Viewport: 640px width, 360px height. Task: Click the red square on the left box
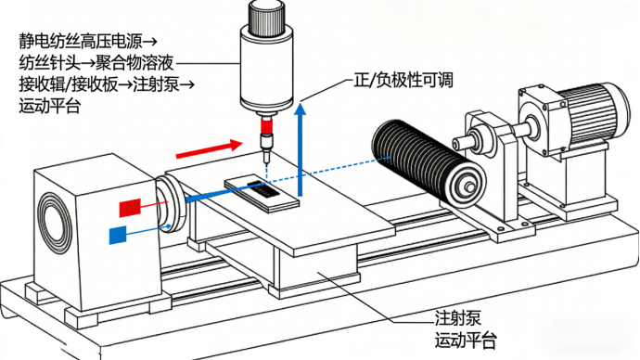[x=130, y=208]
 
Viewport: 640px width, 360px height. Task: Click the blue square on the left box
[x=118, y=235]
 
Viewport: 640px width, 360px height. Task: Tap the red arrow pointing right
[x=210, y=148]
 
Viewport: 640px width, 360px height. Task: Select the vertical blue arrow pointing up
[x=301, y=149]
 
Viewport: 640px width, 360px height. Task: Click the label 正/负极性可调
[x=403, y=80]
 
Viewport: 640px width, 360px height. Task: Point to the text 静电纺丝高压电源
[x=81, y=41]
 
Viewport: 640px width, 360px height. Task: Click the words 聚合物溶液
[x=134, y=63]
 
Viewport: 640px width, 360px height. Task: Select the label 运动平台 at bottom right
[x=466, y=340]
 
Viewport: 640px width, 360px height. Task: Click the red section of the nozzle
[x=266, y=125]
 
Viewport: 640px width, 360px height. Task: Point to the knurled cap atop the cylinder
[x=266, y=18]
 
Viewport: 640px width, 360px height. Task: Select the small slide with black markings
[x=262, y=194]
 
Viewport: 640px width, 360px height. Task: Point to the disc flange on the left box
[x=171, y=204]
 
